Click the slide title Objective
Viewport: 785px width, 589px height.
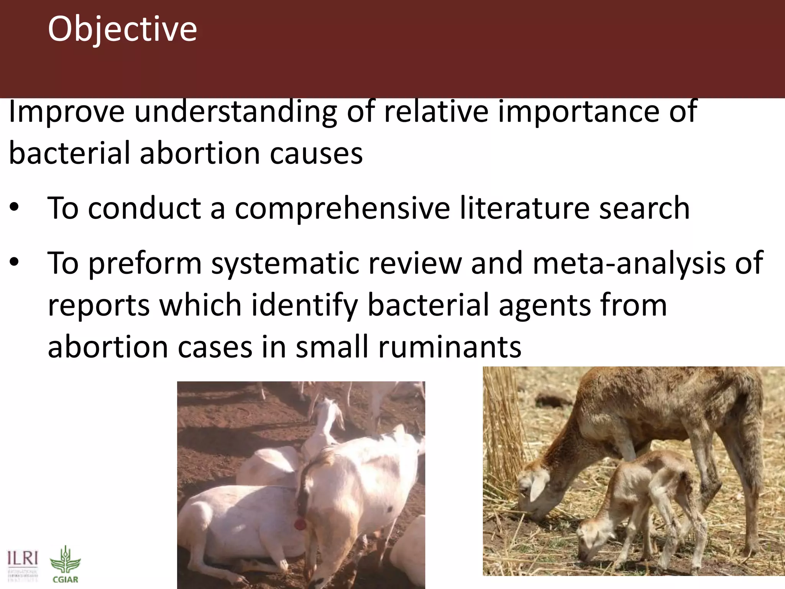click(122, 30)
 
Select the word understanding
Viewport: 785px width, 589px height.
click(235, 112)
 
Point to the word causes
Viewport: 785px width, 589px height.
click(316, 153)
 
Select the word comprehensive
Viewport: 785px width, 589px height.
click(342, 208)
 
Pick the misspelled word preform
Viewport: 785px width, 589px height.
click(145, 264)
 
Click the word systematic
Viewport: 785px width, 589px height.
click(285, 264)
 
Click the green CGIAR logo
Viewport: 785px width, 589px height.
click(65, 564)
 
